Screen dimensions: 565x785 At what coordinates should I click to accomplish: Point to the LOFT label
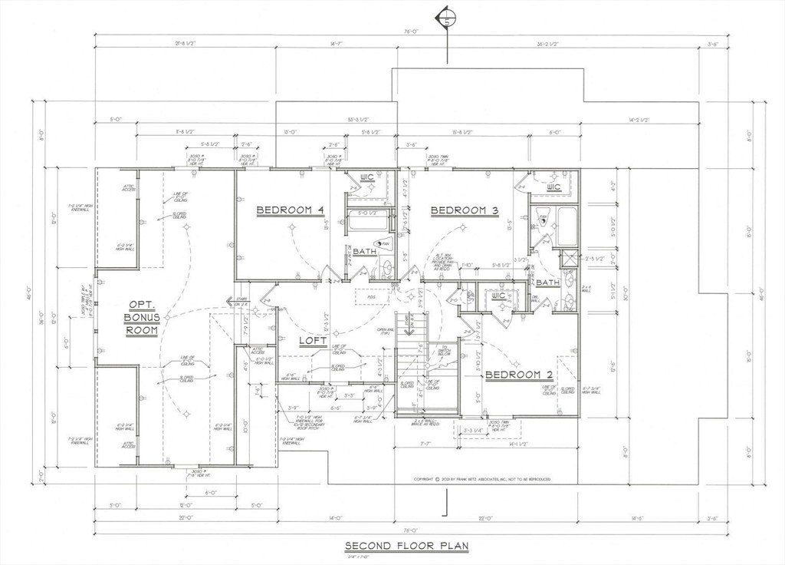pyautogui.click(x=313, y=340)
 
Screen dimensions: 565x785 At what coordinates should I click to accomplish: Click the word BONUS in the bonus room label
pyautogui.click(x=143, y=317)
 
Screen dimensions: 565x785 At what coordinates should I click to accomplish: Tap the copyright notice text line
pyautogui.click(x=482, y=479)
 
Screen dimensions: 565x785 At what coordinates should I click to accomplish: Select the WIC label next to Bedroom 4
pyautogui.click(x=367, y=178)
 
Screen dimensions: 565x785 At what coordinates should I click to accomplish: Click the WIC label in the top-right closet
pyautogui.click(x=554, y=187)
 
